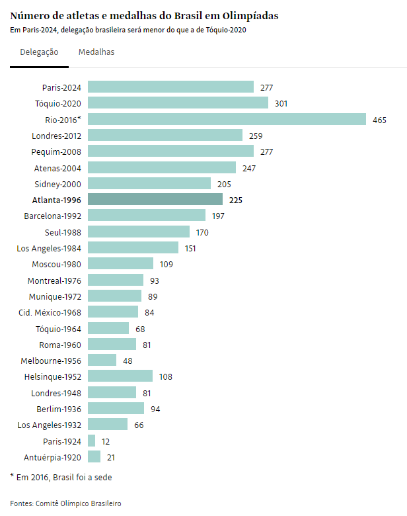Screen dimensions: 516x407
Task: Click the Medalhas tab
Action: tap(96, 52)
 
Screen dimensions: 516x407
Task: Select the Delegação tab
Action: tap(39, 52)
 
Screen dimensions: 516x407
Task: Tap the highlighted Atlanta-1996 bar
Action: tap(155, 200)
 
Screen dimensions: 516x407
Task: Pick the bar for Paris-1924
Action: tap(92, 441)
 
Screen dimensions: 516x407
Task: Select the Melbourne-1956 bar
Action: tap(102, 361)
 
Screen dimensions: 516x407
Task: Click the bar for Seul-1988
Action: tap(139, 232)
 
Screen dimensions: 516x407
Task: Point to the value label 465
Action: tap(379, 120)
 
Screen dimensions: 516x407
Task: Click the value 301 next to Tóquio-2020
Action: tap(281, 104)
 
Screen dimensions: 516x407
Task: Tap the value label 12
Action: tap(106, 441)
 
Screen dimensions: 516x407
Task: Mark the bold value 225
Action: tap(236, 200)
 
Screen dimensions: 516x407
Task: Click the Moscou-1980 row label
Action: tap(56, 264)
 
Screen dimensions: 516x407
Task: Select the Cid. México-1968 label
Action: tap(50, 312)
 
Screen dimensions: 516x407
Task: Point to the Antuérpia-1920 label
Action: tap(52, 457)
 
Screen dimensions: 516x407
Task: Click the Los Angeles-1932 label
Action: tap(49, 425)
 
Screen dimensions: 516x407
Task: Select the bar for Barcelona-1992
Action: tap(147, 216)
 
